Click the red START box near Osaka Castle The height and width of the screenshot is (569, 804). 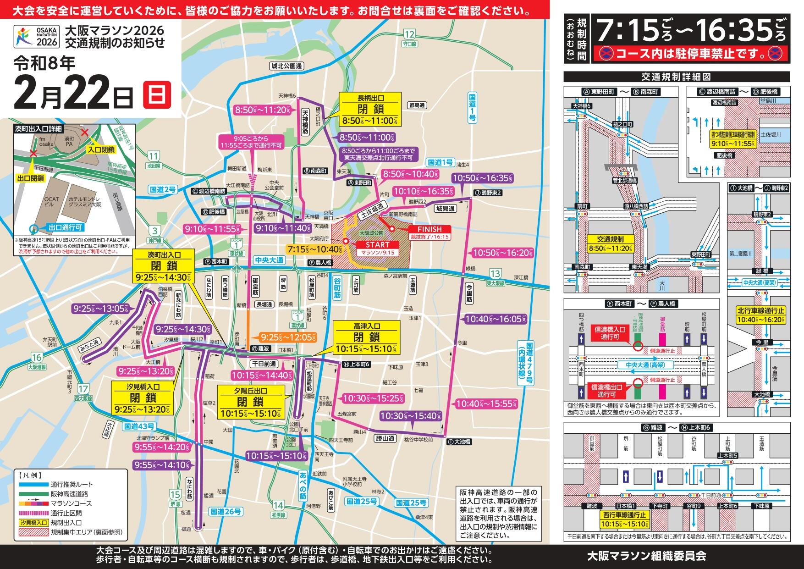(x=377, y=249)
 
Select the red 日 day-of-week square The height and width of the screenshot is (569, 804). (x=157, y=94)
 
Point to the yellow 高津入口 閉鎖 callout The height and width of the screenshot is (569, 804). (x=366, y=337)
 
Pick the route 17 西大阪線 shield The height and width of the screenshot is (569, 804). (x=83, y=392)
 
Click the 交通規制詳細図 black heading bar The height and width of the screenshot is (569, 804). (x=677, y=77)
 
